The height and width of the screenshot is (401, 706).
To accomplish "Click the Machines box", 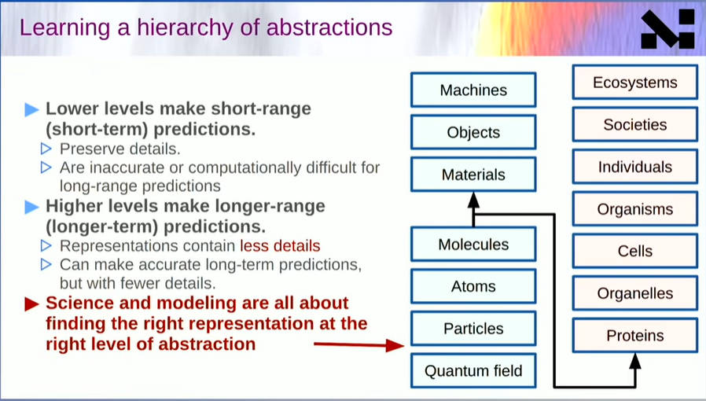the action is point(473,90).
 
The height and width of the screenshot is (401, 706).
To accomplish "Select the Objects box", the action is point(473,132).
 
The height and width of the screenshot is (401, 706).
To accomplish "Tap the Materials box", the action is point(473,175).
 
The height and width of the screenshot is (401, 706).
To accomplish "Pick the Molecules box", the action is point(473,245).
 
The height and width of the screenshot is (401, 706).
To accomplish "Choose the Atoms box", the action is point(473,286).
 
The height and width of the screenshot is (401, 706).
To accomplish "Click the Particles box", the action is point(473,329).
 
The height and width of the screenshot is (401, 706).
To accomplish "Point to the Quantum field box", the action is point(473,371).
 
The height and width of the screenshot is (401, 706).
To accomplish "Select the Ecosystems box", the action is point(635,83).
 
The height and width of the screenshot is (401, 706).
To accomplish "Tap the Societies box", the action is point(635,125).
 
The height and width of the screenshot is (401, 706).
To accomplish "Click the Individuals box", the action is point(635,167).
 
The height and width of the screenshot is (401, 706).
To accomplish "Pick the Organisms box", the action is point(635,209).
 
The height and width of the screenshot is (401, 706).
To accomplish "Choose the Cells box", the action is point(635,251).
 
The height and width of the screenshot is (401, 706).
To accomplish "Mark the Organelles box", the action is point(635,293).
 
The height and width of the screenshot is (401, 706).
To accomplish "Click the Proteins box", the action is point(635,336).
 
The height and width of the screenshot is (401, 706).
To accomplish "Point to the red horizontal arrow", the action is point(359,344).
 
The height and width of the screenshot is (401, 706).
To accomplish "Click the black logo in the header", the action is point(667,29).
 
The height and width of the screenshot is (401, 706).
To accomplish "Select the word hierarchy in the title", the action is point(185,28).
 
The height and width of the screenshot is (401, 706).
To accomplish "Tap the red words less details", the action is point(280,246).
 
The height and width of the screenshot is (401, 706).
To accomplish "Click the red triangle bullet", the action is point(31,304).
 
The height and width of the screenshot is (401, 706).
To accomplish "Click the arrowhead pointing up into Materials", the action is point(473,200).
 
